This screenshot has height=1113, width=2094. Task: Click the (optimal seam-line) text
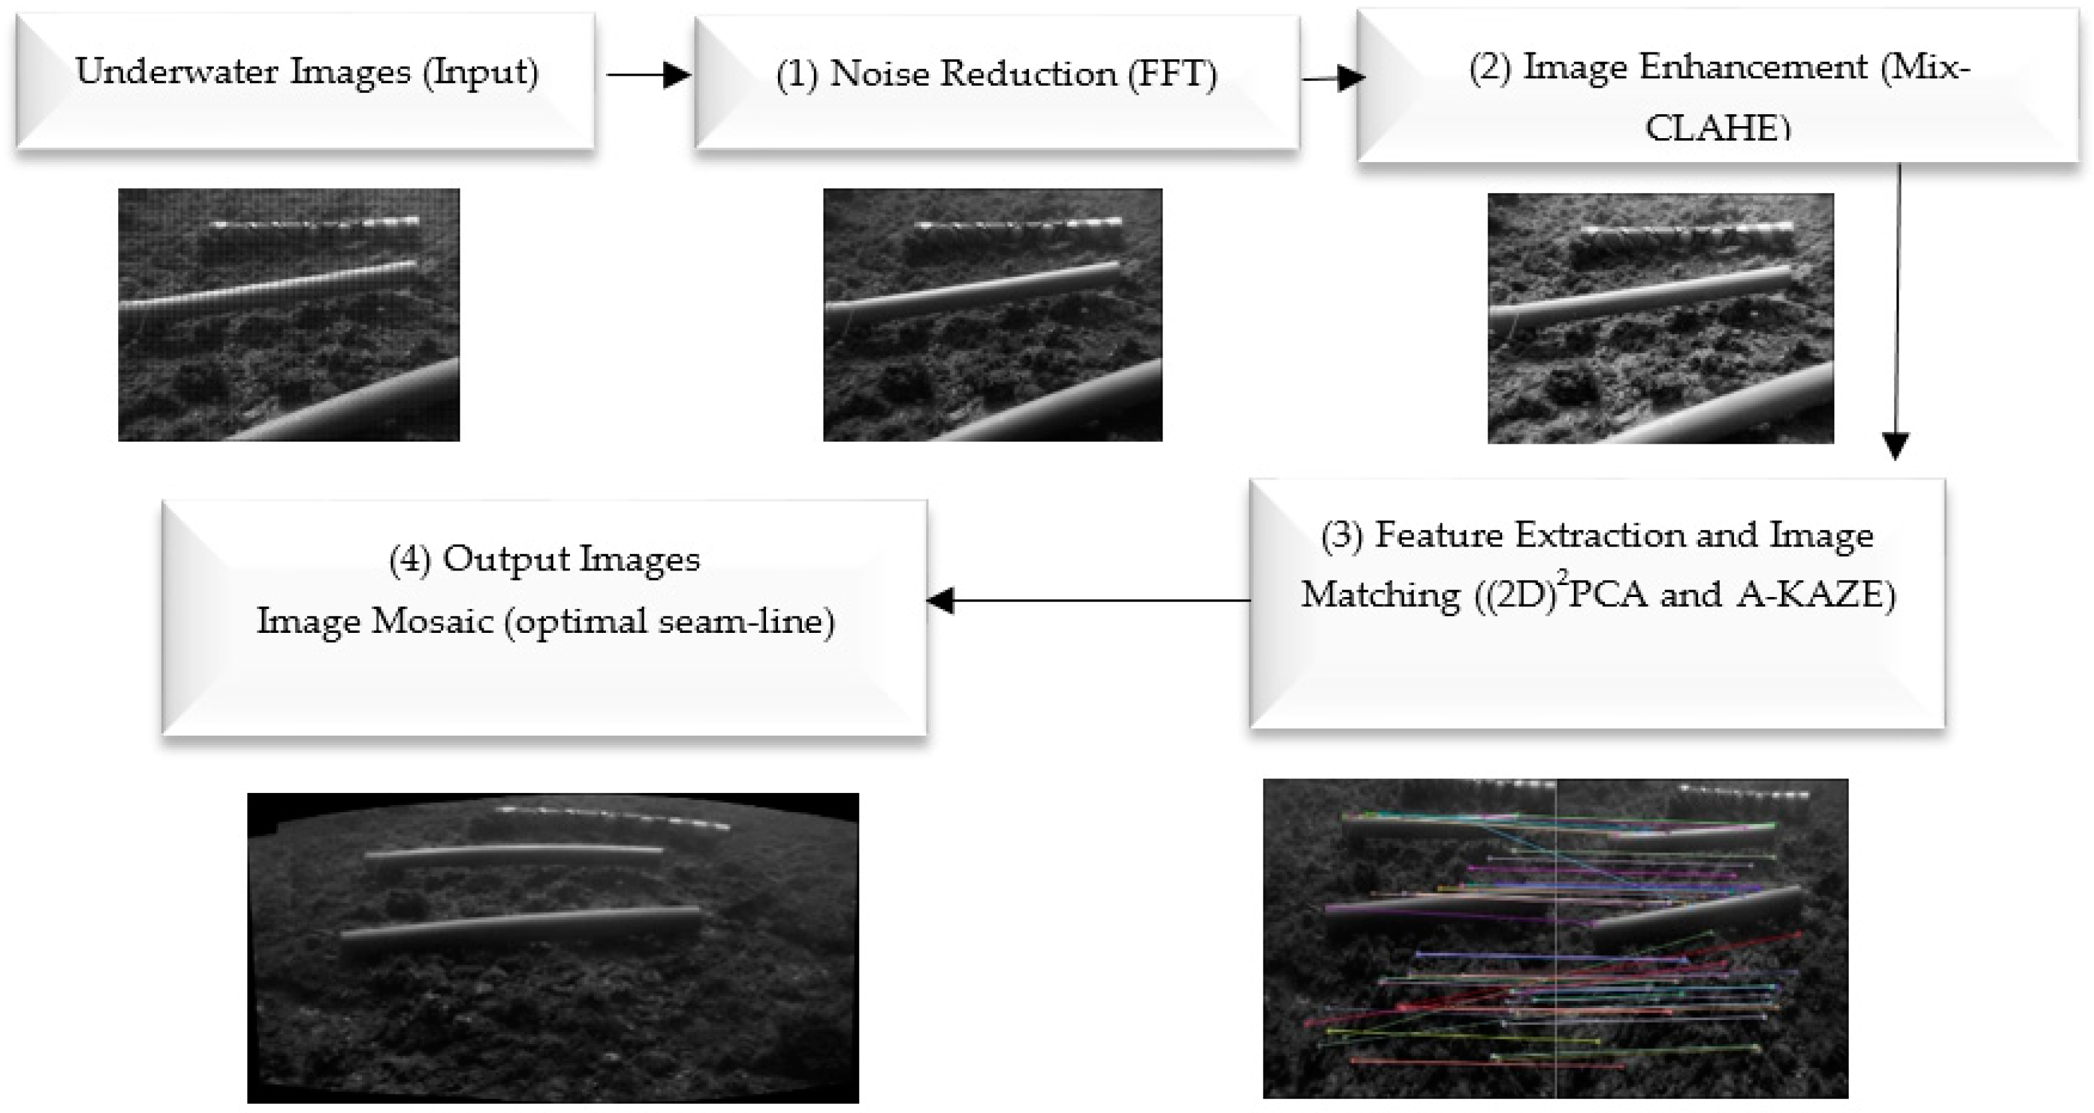[670, 622]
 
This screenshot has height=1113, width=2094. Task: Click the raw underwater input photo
[288, 315]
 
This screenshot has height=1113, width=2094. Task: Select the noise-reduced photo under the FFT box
[993, 315]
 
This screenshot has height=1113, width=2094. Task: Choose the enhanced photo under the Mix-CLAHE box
[1660, 319]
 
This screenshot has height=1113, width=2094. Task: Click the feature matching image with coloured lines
[1555, 938]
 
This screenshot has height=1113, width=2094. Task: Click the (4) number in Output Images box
[409, 560]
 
